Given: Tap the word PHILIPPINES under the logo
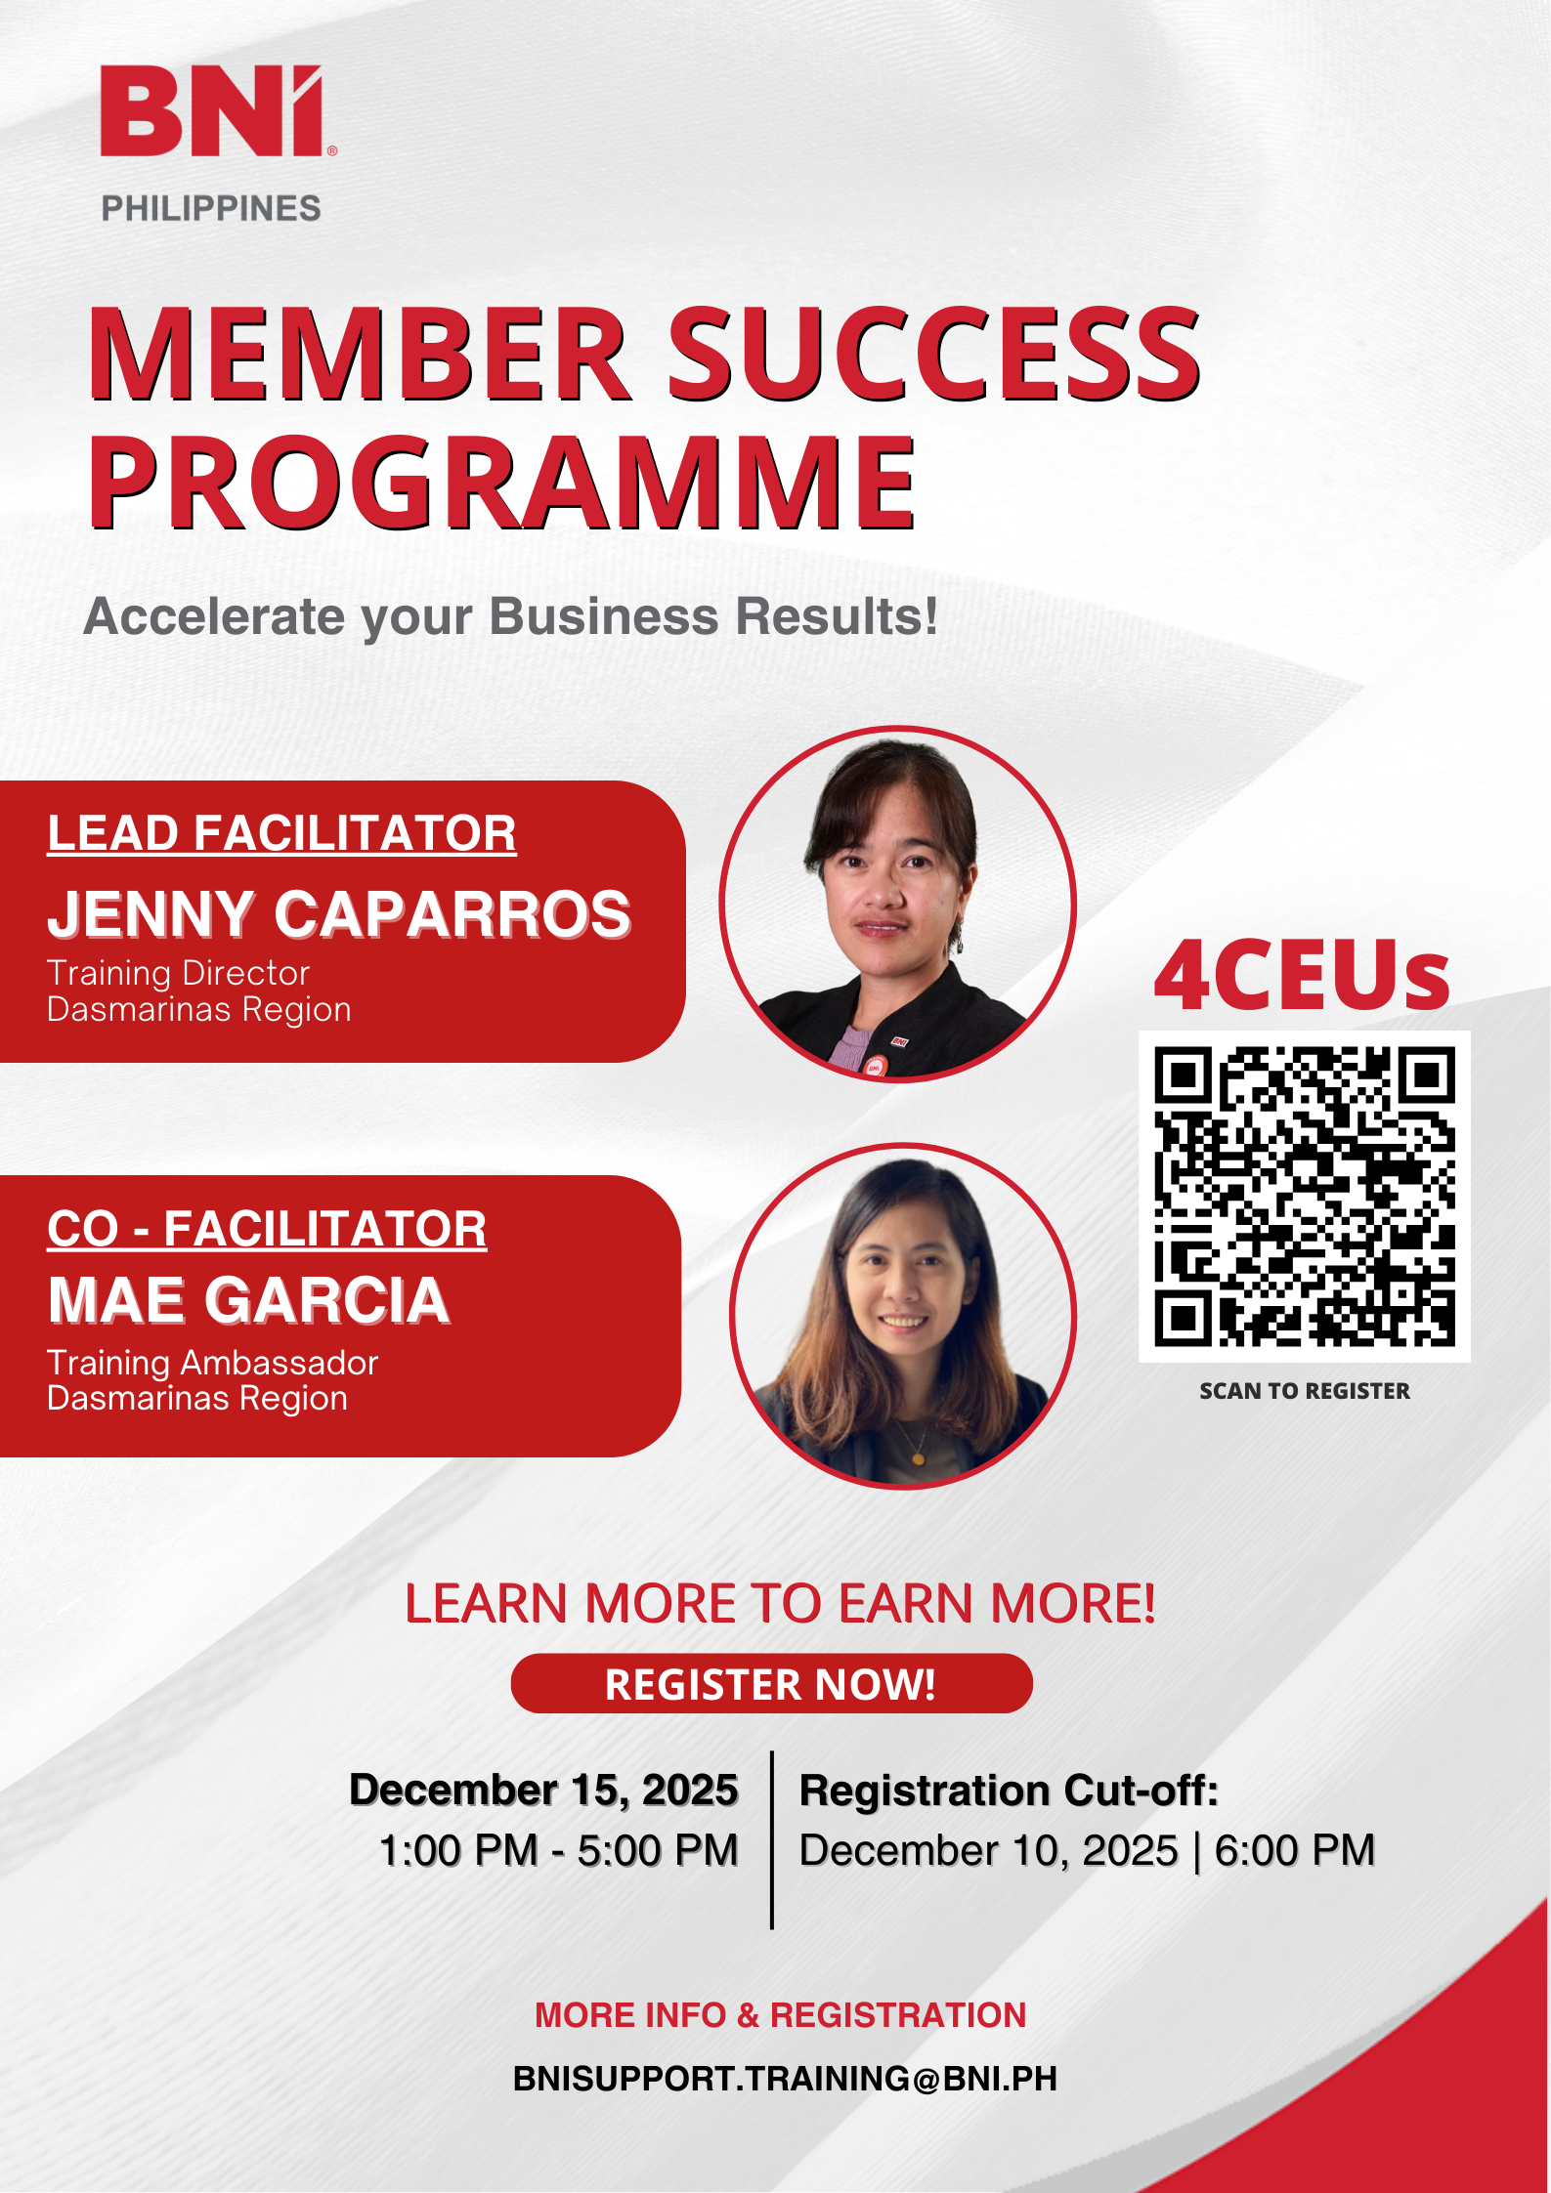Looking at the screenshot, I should click(211, 208).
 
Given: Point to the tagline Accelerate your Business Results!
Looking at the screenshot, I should click(510, 617).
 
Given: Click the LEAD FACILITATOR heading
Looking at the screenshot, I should click(281, 834).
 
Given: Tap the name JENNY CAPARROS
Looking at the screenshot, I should click(339, 914).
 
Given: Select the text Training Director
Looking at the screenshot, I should click(178, 973).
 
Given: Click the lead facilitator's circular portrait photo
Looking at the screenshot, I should click(897, 905).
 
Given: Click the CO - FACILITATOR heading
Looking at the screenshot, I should click(267, 1229).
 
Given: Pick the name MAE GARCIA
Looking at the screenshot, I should click(248, 1300).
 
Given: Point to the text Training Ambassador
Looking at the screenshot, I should click(212, 1363).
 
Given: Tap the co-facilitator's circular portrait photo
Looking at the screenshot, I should click(902, 1316).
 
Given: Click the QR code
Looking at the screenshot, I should click(1304, 1197).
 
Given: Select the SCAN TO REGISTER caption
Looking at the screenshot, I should click(1304, 1391).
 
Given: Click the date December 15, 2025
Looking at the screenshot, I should click(543, 1791).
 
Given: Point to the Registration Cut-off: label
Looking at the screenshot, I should click(1009, 1791).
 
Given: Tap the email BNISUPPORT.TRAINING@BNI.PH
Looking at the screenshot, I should click(785, 2078).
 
